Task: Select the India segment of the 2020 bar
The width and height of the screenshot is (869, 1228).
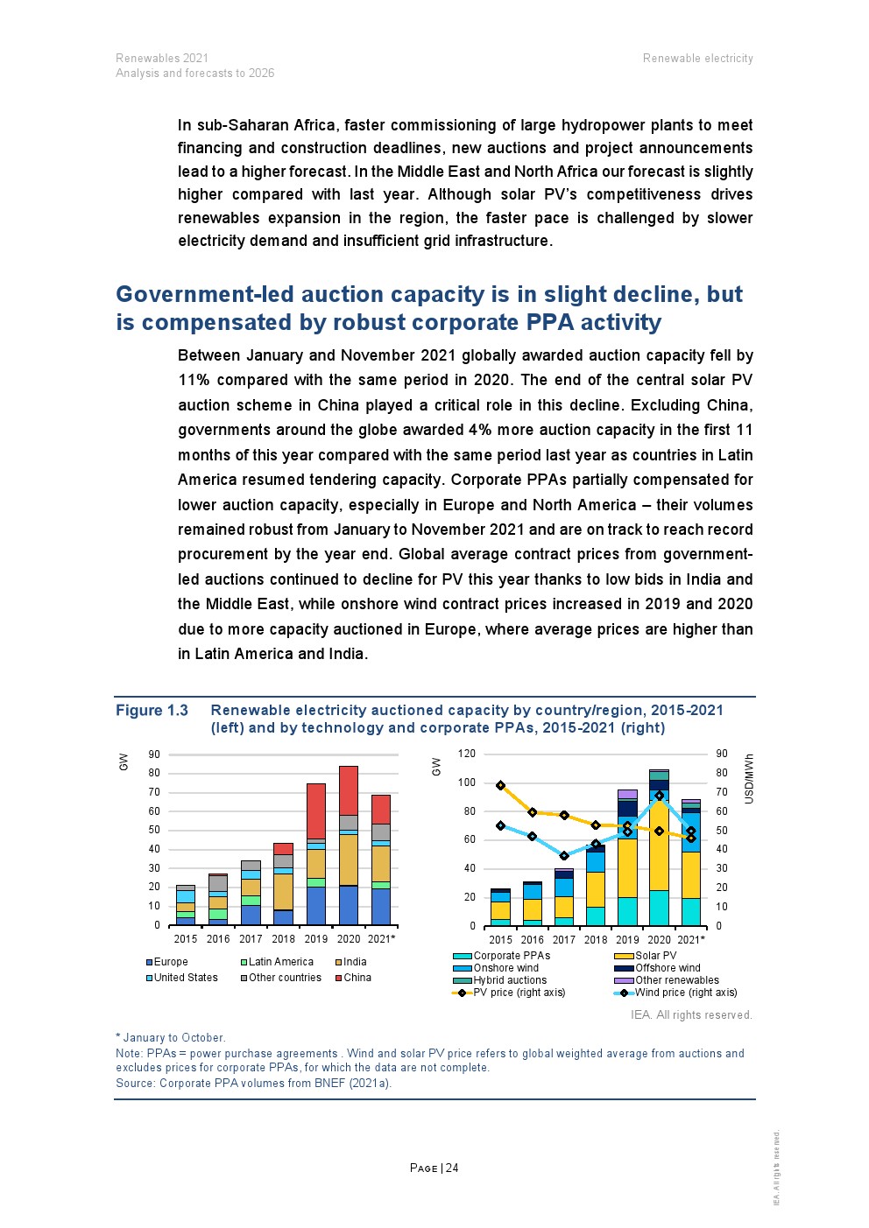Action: click(349, 860)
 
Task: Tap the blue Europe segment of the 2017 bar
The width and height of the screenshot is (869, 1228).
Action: click(251, 915)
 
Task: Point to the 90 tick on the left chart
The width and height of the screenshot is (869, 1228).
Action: click(154, 754)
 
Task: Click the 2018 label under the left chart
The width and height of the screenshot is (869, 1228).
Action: click(283, 939)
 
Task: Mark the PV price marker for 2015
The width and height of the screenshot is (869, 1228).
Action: click(500, 786)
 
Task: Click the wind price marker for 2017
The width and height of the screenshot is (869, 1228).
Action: click(564, 856)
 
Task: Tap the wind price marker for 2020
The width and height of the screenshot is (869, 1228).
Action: click(660, 796)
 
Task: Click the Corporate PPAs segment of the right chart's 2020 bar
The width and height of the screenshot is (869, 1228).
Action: click(659, 909)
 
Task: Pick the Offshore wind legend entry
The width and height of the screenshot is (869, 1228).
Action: click(668, 968)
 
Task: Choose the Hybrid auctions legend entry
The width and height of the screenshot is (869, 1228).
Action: click(510, 980)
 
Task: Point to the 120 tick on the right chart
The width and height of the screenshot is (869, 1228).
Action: click(467, 754)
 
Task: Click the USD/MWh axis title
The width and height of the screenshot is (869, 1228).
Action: click(749, 778)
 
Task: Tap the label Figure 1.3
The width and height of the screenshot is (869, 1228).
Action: click(152, 711)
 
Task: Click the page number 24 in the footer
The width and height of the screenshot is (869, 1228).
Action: click(452, 1168)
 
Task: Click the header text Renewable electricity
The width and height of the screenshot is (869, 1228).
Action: click(697, 59)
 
